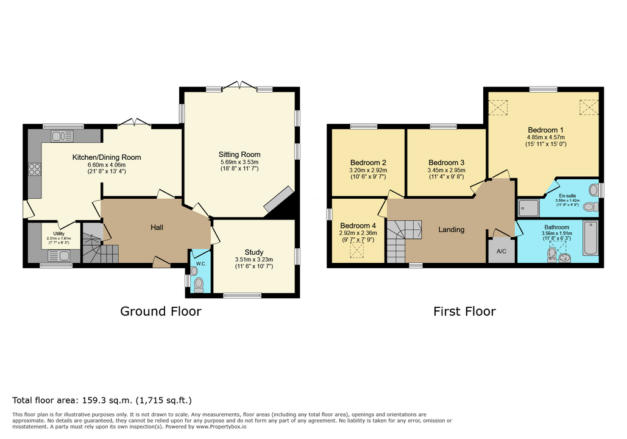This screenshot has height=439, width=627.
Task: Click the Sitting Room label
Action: click(x=239, y=154)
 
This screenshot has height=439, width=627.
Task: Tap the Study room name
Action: click(x=254, y=252)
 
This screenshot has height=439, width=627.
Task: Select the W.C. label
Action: click(x=200, y=264)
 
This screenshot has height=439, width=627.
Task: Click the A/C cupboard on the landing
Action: click(x=501, y=251)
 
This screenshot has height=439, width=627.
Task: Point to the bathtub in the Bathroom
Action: click(x=590, y=238)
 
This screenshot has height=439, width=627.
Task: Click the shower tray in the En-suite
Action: click(x=529, y=208)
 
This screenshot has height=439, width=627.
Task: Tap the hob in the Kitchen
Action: click(x=34, y=170)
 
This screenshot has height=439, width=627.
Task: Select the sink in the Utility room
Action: click(x=59, y=255)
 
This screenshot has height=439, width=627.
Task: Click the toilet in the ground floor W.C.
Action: click(x=199, y=285)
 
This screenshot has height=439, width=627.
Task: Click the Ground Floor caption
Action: click(x=161, y=312)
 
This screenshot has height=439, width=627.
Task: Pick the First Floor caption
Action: click(x=465, y=312)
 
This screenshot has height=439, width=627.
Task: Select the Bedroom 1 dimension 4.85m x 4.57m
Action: click(x=546, y=137)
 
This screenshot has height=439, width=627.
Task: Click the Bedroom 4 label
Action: click(x=358, y=226)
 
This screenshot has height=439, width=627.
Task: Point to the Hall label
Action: click(x=157, y=227)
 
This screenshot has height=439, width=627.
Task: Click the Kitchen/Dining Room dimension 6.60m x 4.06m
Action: click(x=107, y=165)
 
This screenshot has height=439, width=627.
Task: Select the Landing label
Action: click(x=452, y=230)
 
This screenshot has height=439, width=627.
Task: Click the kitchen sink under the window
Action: click(x=62, y=136)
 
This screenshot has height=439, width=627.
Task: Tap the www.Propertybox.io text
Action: click(x=221, y=427)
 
